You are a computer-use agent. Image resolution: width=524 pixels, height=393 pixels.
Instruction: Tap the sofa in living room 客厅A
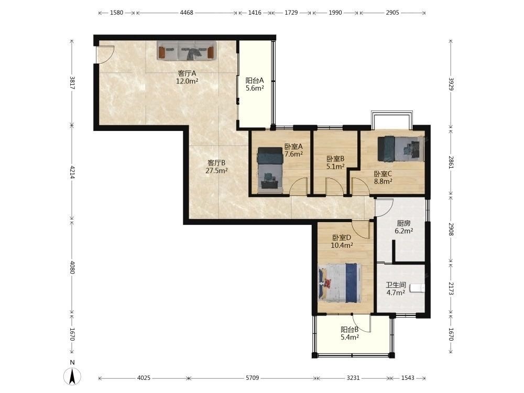187,50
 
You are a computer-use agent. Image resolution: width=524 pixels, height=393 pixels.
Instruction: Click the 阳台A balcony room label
255,81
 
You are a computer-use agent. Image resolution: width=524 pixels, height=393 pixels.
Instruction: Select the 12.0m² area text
187,81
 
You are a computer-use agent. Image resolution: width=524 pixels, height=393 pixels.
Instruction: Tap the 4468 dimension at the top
187,13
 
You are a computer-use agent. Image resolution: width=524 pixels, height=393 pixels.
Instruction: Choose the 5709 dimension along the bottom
253,378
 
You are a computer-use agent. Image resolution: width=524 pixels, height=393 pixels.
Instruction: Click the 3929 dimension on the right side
451,84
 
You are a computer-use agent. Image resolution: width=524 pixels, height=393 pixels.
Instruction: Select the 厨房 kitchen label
403,223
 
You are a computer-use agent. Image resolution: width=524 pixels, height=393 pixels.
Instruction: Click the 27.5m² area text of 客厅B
216,171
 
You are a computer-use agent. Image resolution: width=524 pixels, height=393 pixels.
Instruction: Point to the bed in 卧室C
401,149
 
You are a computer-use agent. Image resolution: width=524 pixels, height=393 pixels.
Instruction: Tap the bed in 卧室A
270,170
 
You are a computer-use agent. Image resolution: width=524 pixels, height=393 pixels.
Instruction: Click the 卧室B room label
335,159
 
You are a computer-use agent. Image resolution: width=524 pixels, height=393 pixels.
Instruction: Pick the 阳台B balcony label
350,330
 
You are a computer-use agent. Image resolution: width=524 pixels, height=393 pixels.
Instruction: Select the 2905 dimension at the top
392,13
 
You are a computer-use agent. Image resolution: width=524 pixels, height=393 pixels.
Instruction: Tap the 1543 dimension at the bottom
407,378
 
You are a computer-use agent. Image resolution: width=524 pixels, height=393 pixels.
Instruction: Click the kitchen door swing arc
384,208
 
